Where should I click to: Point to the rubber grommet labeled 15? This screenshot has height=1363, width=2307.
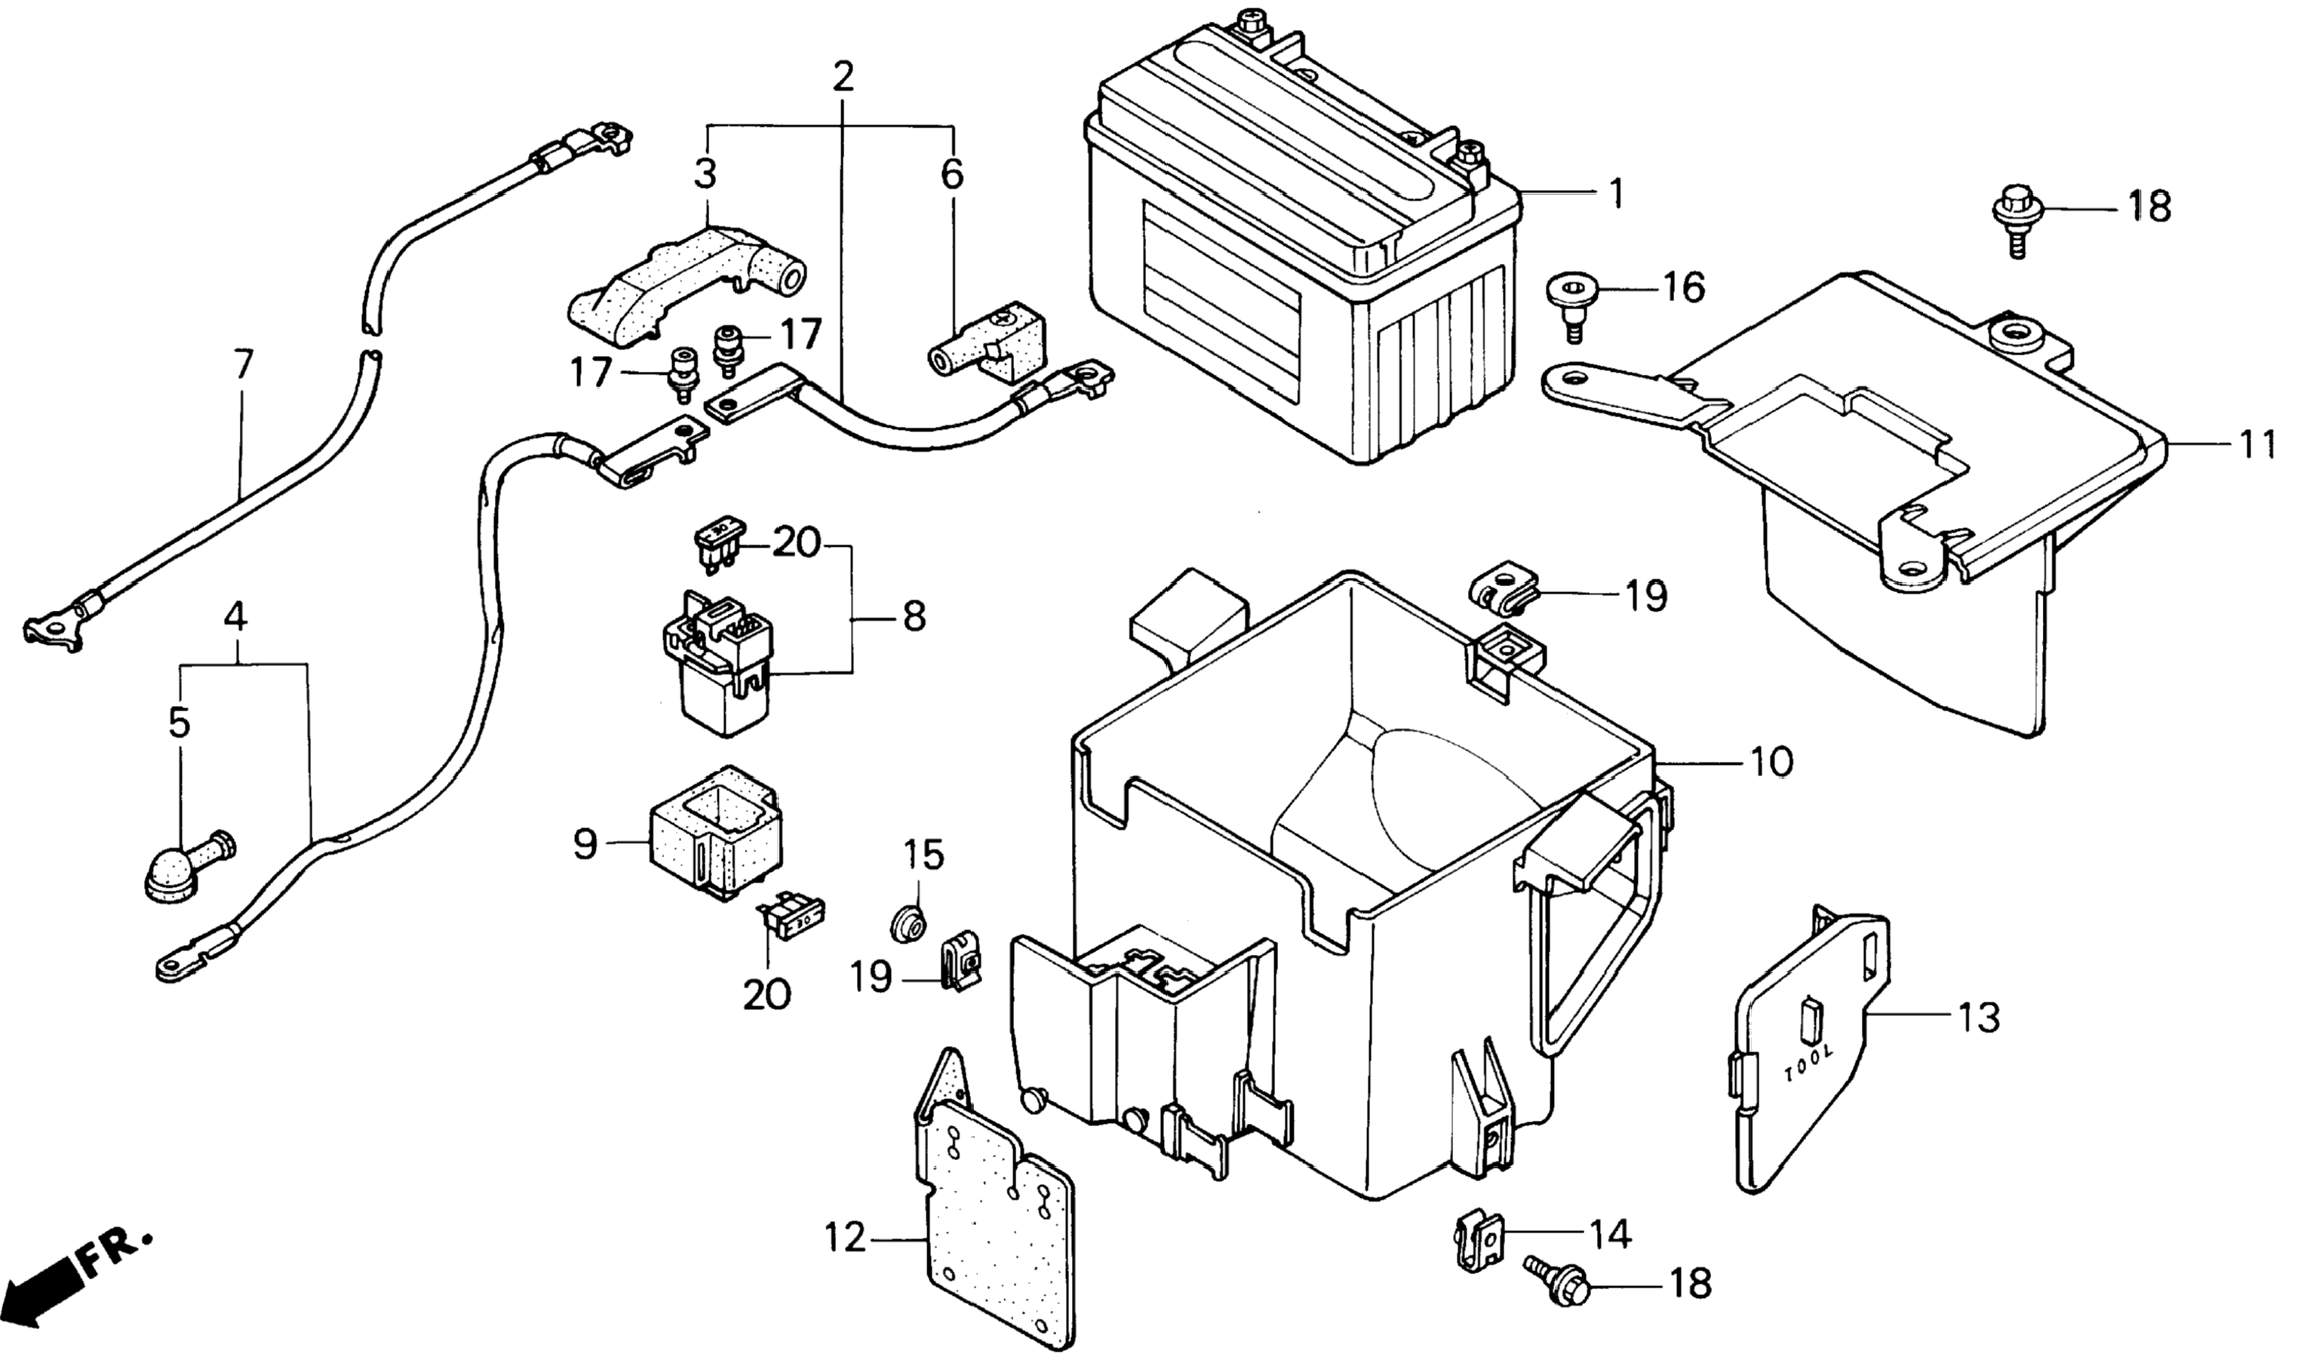(909, 922)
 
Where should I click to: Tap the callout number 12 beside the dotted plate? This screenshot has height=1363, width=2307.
(845, 1239)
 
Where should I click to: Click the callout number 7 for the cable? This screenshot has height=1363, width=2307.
(241, 366)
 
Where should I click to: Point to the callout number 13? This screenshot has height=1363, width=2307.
(1978, 1018)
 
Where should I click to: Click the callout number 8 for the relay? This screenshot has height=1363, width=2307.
(914, 615)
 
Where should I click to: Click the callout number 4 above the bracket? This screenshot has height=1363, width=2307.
(236, 616)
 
